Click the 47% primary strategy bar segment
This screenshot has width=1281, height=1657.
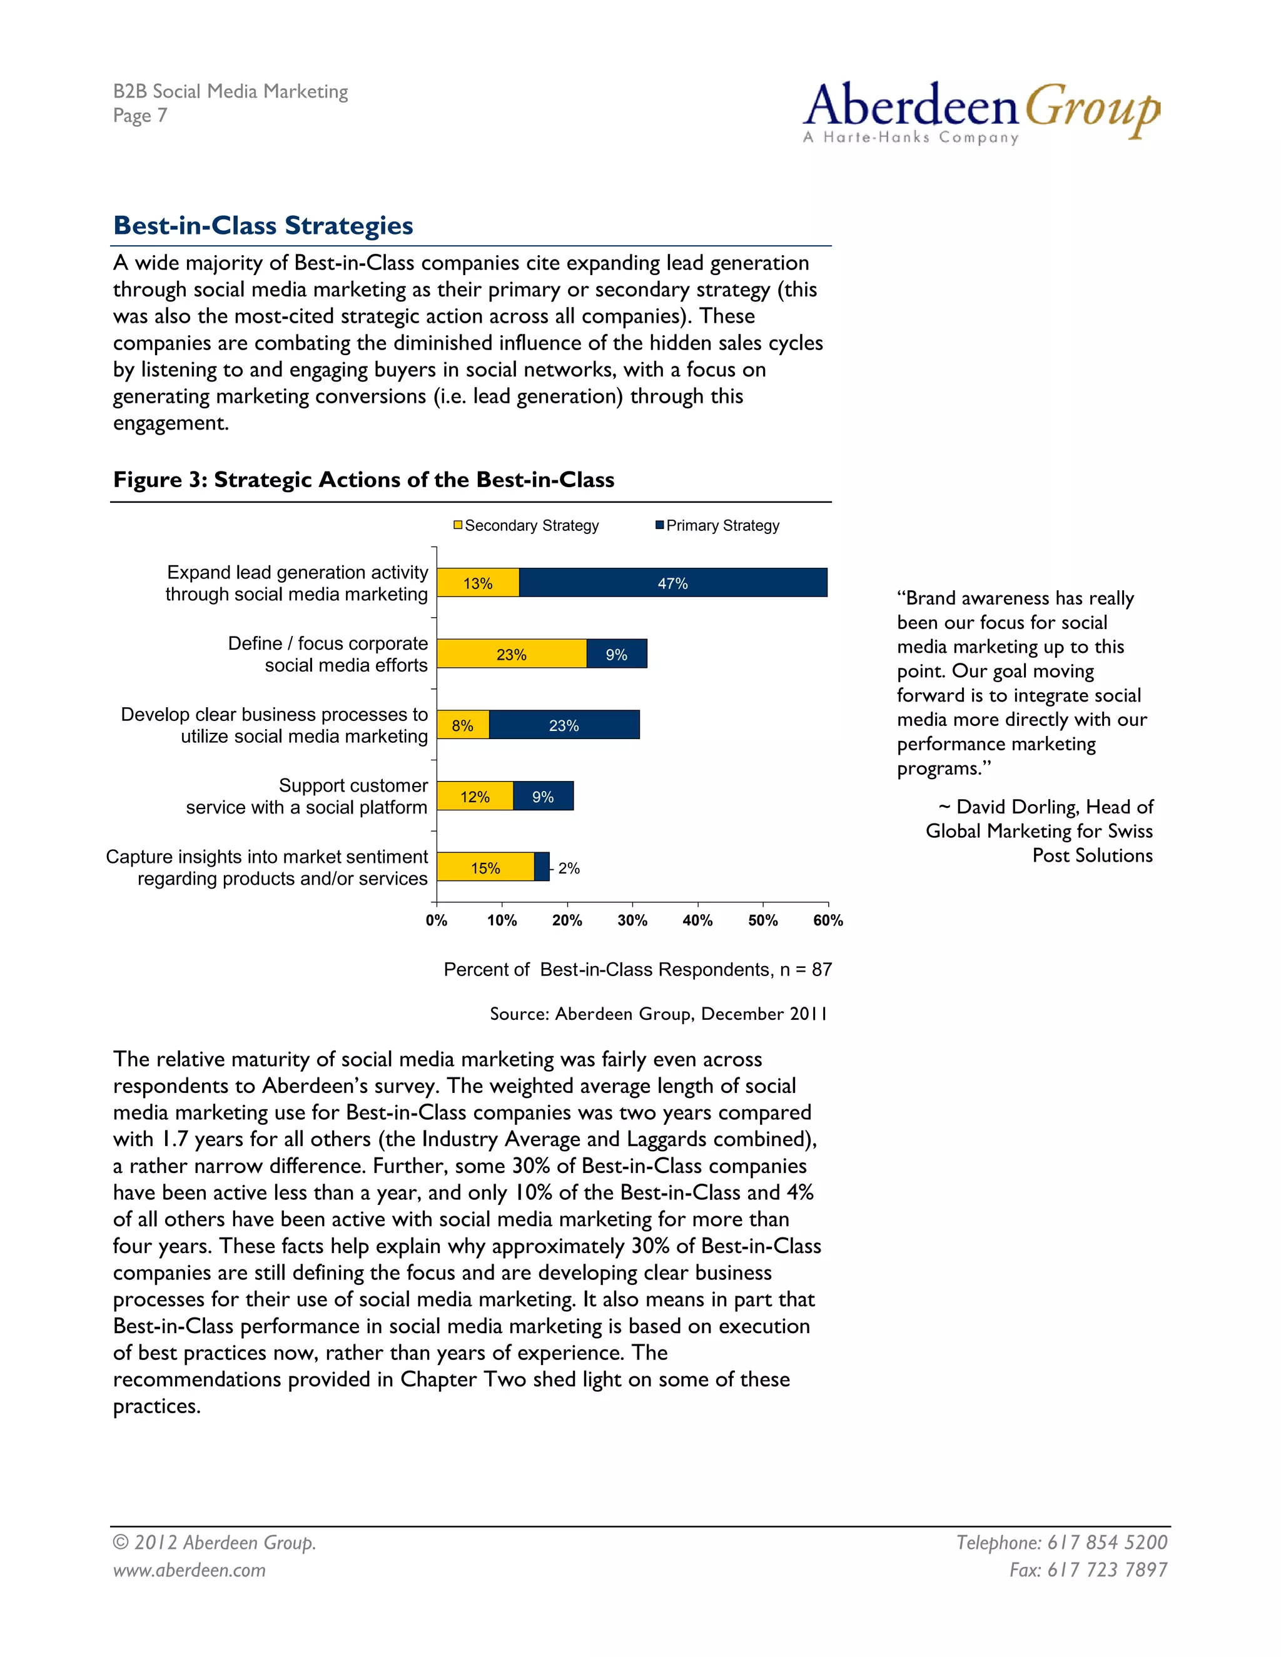672,583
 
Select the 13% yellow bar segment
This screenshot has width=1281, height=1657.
478,583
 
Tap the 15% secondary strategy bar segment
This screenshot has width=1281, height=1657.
485,867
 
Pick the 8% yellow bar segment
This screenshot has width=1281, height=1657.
463,725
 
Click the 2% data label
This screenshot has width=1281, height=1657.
569,868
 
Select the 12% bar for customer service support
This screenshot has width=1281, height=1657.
475,797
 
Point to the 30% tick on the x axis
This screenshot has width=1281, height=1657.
632,920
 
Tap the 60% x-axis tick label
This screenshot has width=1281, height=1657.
828,920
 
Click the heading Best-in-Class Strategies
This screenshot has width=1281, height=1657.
263,225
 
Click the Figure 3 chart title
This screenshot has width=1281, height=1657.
363,480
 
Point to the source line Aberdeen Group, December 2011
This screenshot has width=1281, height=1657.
658,1014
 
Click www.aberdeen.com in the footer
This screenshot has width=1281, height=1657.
190,1569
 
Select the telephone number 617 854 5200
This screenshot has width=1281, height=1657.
1106,1543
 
